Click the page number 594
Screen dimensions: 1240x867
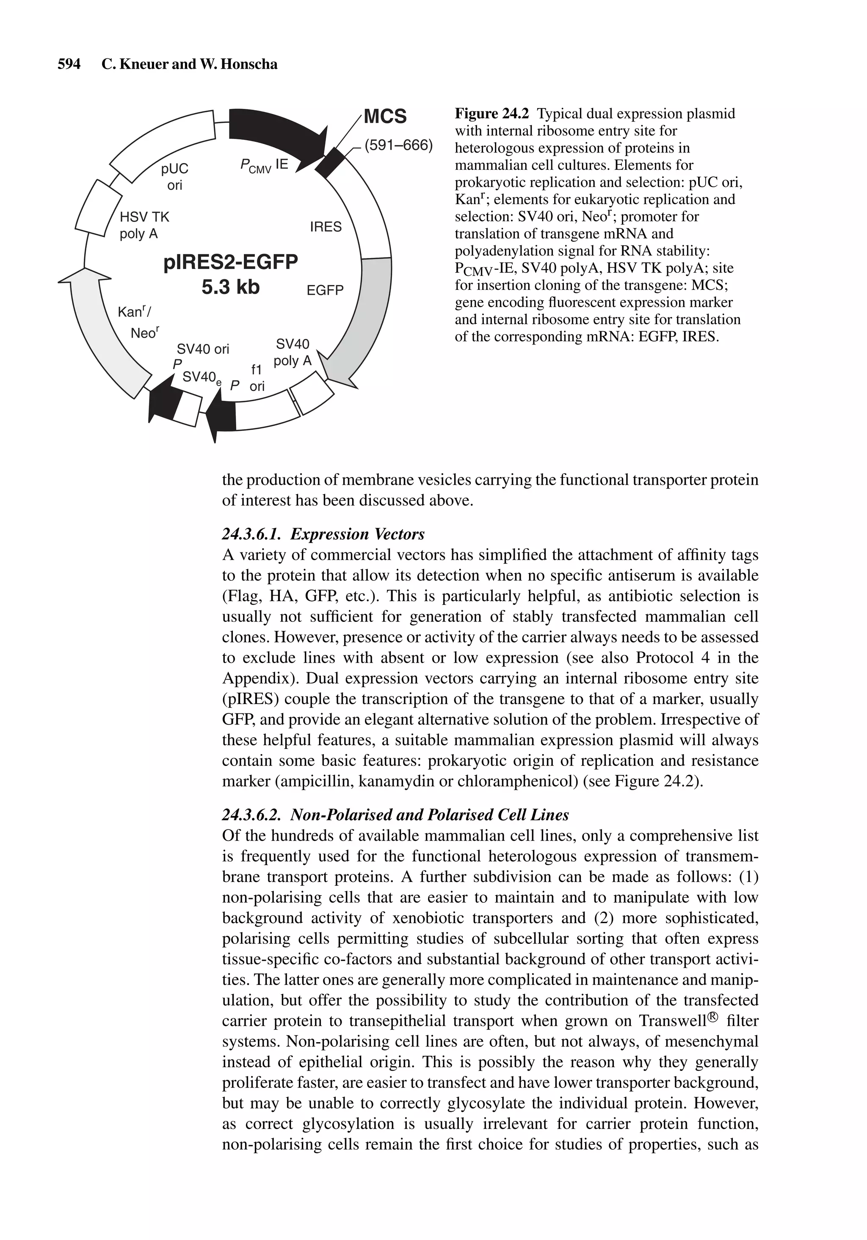click(x=69, y=64)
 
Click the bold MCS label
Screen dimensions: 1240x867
click(x=385, y=117)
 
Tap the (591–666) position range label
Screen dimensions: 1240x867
click(x=399, y=146)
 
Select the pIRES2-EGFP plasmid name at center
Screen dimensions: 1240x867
click(x=231, y=263)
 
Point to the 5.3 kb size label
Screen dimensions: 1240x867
click(x=231, y=287)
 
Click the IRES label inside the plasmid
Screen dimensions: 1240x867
click(x=326, y=227)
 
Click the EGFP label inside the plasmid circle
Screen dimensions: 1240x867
click(x=325, y=291)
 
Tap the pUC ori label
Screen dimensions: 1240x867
click(x=174, y=177)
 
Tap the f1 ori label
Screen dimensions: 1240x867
click(x=257, y=377)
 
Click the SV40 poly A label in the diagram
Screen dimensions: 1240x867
click(x=293, y=352)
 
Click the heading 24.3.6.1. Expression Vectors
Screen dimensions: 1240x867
click(x=323, y=534)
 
